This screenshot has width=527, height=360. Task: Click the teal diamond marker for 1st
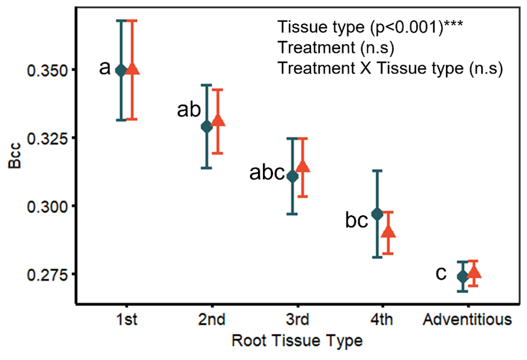(x=121, y=70)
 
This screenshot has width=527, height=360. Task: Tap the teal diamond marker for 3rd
(x=292, y=177)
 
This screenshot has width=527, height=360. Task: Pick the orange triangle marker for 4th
(x=389, y=232)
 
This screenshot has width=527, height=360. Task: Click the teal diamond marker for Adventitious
(x=463, y=276)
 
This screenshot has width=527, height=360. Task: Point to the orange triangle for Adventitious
(x=474, y=273)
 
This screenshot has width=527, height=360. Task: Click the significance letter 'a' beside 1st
(x=104, y=68)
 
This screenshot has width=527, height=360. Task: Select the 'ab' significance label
(x=188, y=110)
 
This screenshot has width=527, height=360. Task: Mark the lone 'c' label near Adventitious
(x=441, y=274)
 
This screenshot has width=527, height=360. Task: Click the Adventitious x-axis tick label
(x=468, y=320)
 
